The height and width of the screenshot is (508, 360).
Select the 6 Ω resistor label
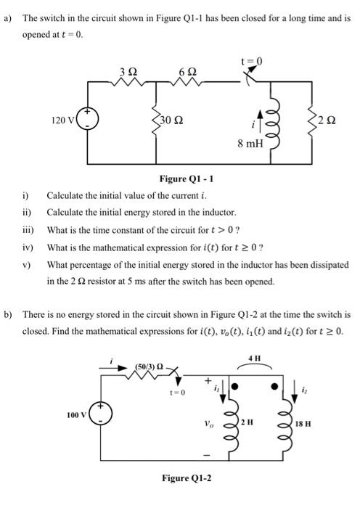tap(186, 70)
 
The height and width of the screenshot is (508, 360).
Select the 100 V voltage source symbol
tap(102, 416)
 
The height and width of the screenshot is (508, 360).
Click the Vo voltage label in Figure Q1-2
tap(210, 419)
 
